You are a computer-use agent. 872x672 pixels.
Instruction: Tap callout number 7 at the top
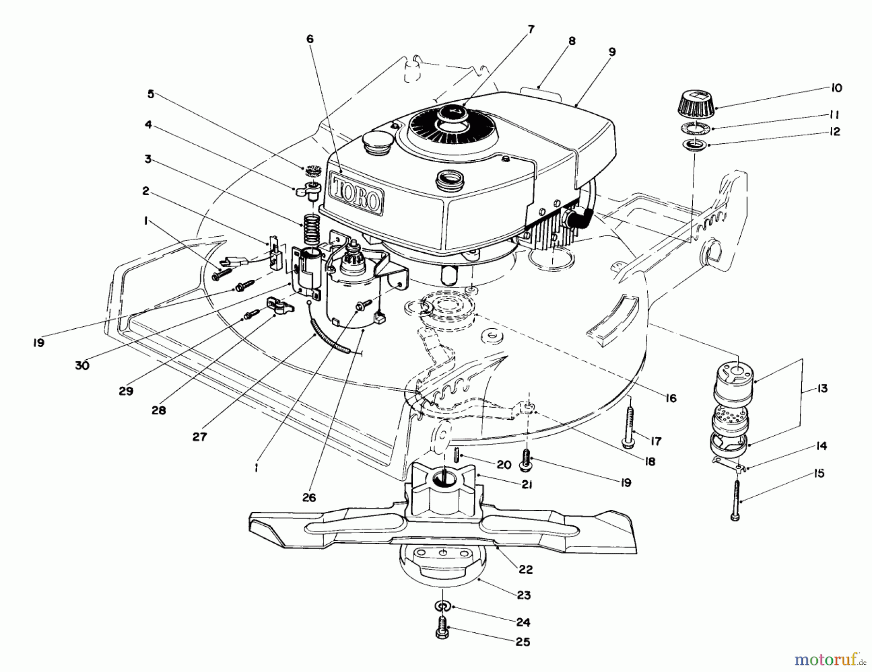530,30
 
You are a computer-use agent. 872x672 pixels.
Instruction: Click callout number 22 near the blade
525,569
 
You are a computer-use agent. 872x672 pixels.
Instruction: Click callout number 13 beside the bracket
822,388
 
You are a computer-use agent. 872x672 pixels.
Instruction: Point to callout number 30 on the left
82,366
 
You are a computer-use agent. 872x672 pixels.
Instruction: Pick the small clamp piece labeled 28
279,306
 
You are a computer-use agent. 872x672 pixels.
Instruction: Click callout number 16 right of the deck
670,398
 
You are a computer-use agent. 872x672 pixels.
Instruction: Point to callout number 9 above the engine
612,52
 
